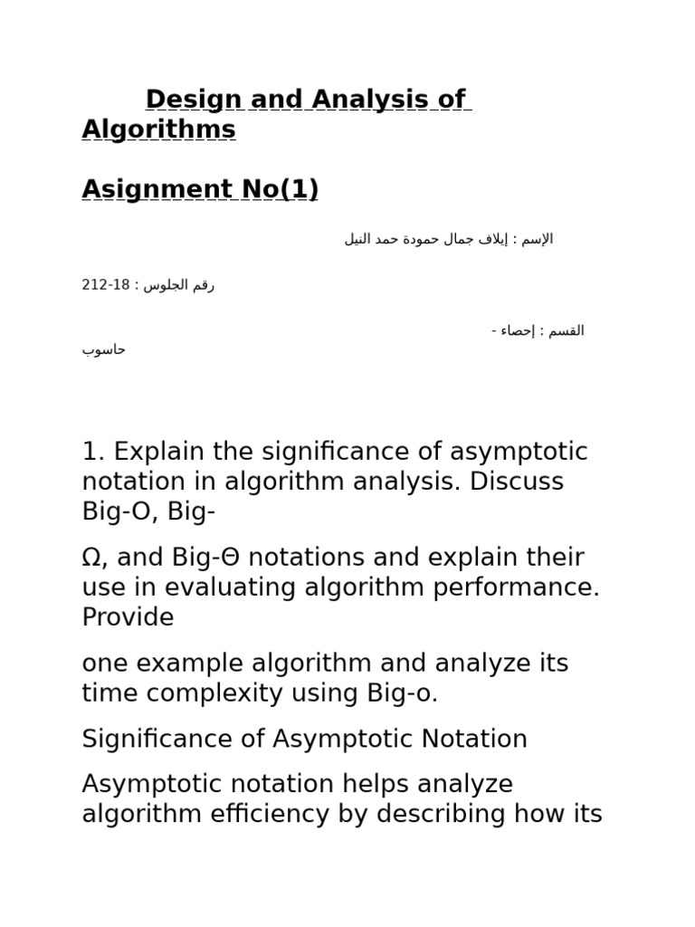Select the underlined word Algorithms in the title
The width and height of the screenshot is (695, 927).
click(x=158, y=129)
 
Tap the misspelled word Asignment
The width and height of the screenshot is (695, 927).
click(x=157, y=189)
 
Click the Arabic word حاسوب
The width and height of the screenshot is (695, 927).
click(x=104, y=349)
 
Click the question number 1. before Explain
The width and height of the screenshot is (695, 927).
click(x=94, y=451)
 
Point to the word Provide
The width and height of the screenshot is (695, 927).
click(x=128, y=617)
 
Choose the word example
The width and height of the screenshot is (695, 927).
click(x=194, y=663)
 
